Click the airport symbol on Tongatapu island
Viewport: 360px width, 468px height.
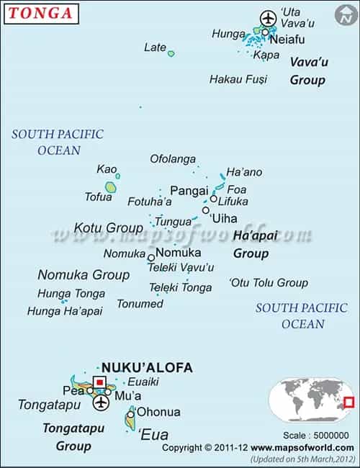point(100,401)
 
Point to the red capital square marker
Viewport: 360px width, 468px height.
point(100,382)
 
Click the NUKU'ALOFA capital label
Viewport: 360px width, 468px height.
point(148,367)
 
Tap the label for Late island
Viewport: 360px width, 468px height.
point(155,48)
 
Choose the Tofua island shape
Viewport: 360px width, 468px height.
point(110,187)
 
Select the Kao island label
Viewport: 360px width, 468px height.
point(106,169)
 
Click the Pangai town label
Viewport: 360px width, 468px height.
point(189,191)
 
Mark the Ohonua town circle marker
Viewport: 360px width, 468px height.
point(130,413)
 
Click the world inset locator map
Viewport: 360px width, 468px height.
point(311,402)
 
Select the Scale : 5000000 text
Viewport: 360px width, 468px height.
point(315,435)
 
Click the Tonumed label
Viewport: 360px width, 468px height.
point(140,304)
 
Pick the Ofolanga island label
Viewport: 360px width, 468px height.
point(173,158)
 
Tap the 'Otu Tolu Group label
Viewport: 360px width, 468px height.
point(268,283)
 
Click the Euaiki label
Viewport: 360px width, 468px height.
point(143,382)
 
